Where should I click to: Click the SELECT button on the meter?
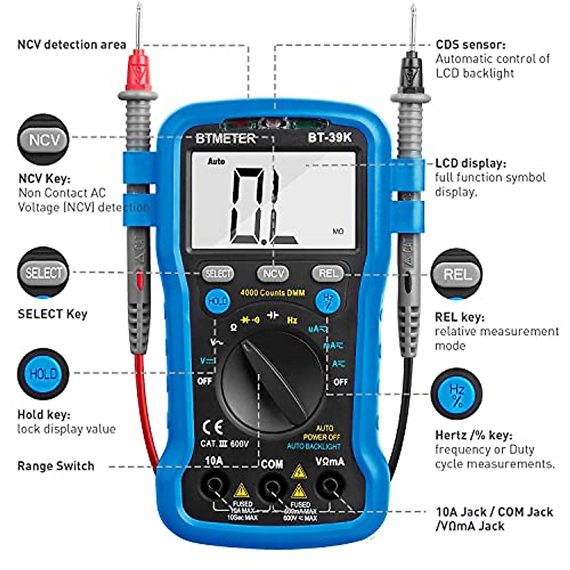pyautogui.click(x=218, y=273)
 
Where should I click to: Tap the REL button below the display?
pyautogui.click(x=328, y=273)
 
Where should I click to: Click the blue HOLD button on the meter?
pyautogui.click(x=218, y=301)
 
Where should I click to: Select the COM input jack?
pyautogui.click(x=272, y=486)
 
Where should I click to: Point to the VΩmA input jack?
pyautogui.click(x=329, y=486)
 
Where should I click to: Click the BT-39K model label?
pyautogui.click(x=329, y=138)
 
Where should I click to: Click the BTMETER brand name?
pyautogui.click(x=226, y=138)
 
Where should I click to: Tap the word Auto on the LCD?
pyautogui.click(x=216, y=161)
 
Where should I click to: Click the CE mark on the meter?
pyautogui.click(x=212, y=427)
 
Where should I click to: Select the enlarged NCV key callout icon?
pyautogui.click(x=43, y=140)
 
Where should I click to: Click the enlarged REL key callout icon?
pyautogui.click(x=456, y=275)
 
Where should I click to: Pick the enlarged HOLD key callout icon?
pyautogui.click(x=43, y=374)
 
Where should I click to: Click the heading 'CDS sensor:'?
pyautogui.click(x=470, y=45)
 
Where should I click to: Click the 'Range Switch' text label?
pyautogui.click(x=56, y=466)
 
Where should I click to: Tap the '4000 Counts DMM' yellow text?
pyautogui.click(x=272, y=293)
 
